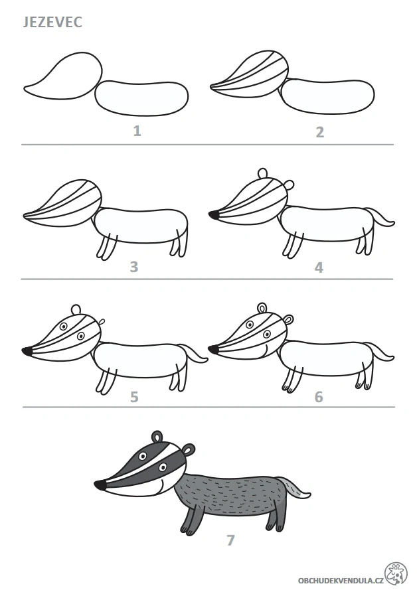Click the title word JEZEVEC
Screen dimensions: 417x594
pyautogui.click(x=52, y=22)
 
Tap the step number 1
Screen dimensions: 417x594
pyautogui.click(x=137, y=131)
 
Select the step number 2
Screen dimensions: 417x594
pyautogui.click(x=319, y=132)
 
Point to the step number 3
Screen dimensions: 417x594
pyautogui.click(x=134, y=267)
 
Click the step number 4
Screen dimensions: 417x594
pyautogui.click(x=319, y=268)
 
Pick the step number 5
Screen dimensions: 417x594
pyautogui.click(x=134, y=397)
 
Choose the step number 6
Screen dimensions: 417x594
pyautogui.click(x=319, y=397)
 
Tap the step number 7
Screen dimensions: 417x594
pyautogui.click(x=230, y=540)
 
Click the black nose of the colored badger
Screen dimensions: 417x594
pyautogui.click(x=100, y=485)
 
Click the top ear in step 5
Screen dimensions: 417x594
pyautogui.click(x=76, y=309)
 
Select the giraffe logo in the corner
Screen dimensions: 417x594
pyautogui.click(x=396, y=573)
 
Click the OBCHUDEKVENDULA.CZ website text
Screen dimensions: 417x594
pyautogui.click(x=341, y=580)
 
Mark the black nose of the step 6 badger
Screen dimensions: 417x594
pyautogui.click(x=214, y=349)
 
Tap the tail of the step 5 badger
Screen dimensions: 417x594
pyautogui.click(x=193, y=352)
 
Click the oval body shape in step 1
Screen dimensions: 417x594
pyautogui.click(x=142, y=98)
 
